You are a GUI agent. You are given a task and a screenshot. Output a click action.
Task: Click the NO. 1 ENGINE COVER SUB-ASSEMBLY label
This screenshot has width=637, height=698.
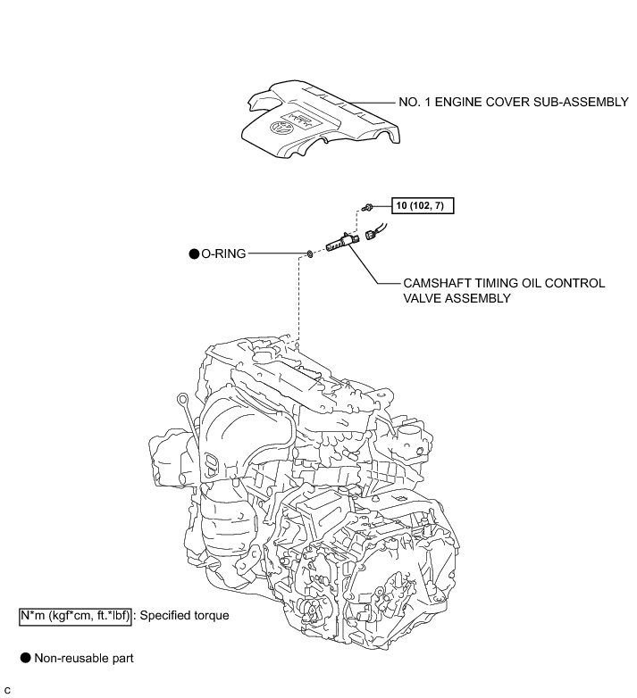coord(513,102)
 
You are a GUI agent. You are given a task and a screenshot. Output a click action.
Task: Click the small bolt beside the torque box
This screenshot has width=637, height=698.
coord(367,206)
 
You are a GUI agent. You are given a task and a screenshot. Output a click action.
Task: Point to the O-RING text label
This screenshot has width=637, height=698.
coord(223,253)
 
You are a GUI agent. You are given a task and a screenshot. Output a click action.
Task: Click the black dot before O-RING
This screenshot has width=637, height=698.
coord(194,253)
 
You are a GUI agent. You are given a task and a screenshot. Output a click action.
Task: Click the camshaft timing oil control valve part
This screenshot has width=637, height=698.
coord(342,241)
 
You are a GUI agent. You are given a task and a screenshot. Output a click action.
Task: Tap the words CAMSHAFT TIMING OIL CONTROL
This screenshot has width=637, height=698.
coord(504,283)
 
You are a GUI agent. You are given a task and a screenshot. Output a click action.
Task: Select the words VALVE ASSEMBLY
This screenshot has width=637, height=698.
coord(457,298)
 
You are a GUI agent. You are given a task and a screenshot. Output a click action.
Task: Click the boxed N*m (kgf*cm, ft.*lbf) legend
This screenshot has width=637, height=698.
coord(75,616)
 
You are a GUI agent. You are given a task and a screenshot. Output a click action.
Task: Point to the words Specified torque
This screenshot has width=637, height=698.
coord(184,616)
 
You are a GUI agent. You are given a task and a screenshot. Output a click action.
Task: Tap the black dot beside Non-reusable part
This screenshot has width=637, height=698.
coord(26,658)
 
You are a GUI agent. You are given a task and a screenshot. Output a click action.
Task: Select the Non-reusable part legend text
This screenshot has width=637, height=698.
coord(84,658)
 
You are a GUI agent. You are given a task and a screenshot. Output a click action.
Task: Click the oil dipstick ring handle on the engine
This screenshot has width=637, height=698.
coord(181,397)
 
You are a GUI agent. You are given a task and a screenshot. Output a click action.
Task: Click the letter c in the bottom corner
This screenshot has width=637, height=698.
coord(7,691)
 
